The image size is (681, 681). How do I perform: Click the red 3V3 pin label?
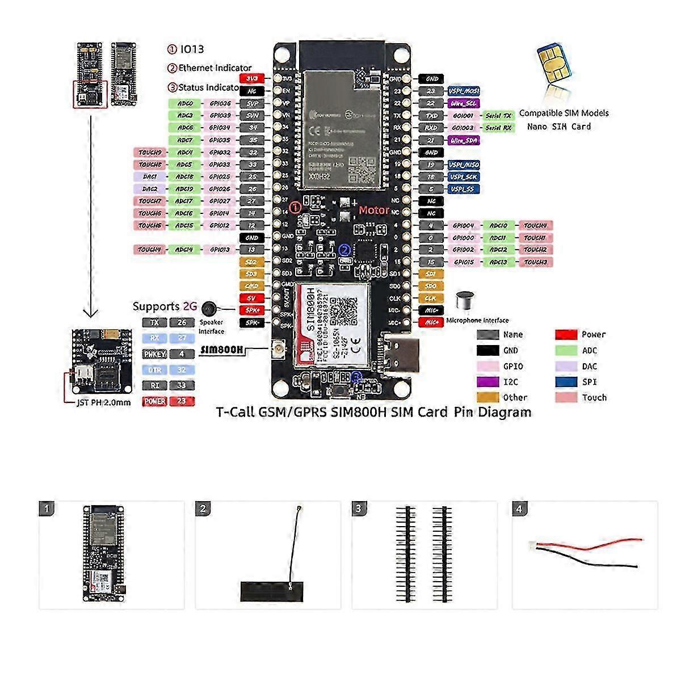click(252, 78)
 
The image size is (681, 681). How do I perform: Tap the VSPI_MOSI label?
click(464, 91)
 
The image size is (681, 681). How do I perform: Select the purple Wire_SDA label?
click(464, 140)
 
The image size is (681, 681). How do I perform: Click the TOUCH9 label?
click(150, 153)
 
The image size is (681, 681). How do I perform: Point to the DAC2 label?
click(150, 189)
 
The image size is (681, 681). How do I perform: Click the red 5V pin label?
click(252, 298)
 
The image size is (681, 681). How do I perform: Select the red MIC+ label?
click(431, 322)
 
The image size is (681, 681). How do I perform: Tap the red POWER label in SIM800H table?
click(155, 401)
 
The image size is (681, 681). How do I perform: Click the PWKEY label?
click(155, 354)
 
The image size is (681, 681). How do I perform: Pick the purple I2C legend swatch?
click(487, 382)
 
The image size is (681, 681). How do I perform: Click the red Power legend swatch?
click(566, 335)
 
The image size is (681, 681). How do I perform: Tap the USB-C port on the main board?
click(403, 355)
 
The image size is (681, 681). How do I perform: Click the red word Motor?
click(374, 211)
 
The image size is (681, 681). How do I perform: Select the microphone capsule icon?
click(466, 301)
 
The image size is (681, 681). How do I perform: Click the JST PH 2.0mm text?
click(104, 402)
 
